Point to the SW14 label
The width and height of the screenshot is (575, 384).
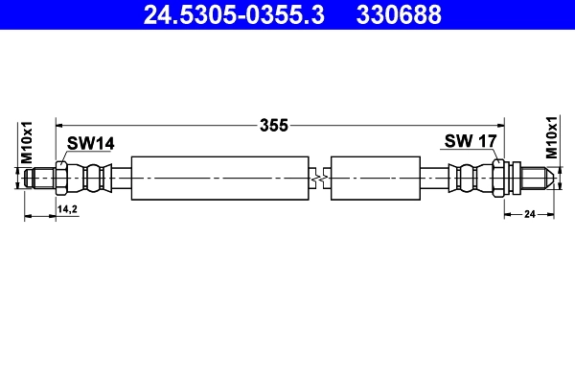(x=91, y=143)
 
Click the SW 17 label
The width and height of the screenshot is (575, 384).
(x=471, y=141)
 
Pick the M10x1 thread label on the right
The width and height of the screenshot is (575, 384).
(x=552, y=137)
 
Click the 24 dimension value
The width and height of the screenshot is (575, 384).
(x=528, y=215)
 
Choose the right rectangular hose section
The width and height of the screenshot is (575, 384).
(x=375, y=178)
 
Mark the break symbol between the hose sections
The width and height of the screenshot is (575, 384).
(x=321, y=178)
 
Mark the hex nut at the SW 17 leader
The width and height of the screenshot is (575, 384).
(x=499, y=178)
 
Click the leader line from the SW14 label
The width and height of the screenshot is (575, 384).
(x=64, y=156)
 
